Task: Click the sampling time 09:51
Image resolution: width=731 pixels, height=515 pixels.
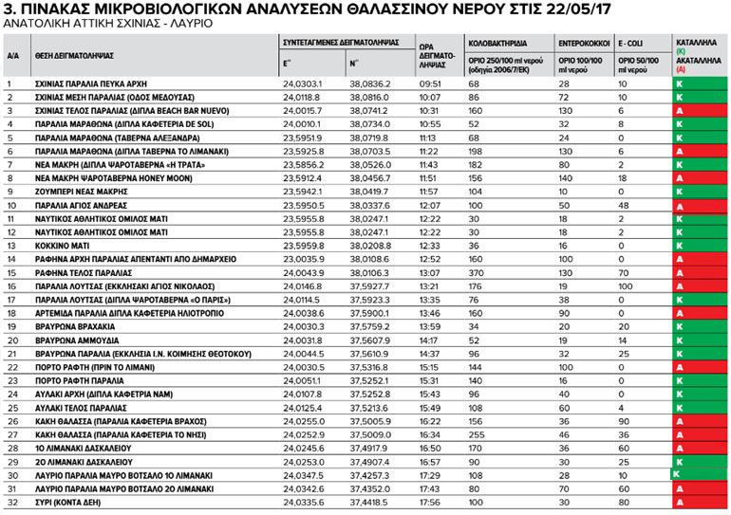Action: pyautogui.click(x=431, y=84)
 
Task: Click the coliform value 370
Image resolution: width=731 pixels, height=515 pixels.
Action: pyautogui.click(x=476, y=271)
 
